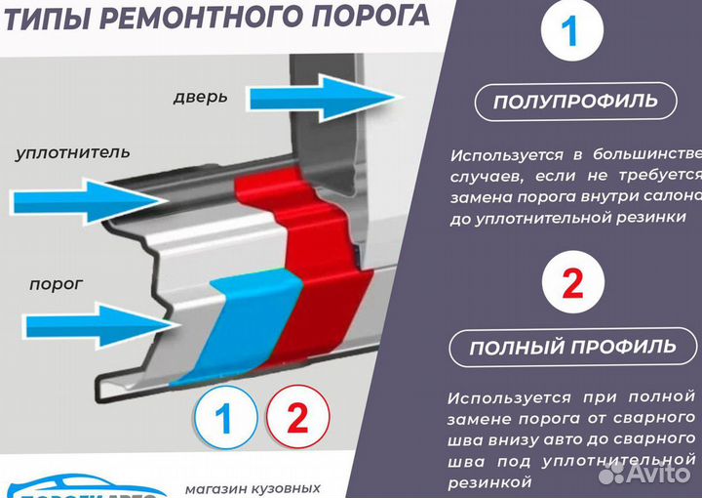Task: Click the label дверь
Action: (200, 97)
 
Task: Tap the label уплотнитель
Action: (73, 153)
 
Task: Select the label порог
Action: (56, 283)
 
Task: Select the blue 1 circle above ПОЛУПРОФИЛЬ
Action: (571, 34)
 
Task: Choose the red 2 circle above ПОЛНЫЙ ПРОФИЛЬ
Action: (571, 283)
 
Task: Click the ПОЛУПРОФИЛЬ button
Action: (574, 101)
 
